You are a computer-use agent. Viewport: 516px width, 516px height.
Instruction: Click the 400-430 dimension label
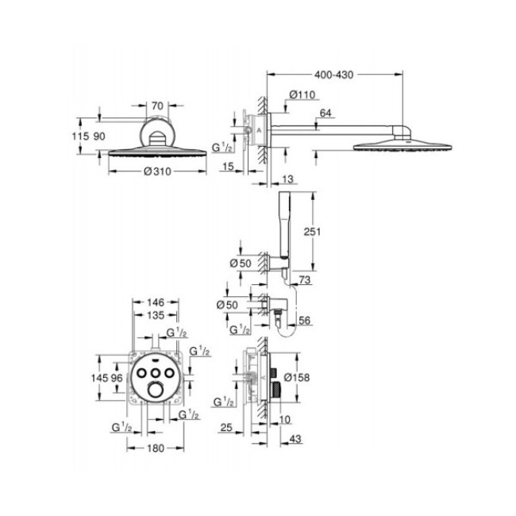333,75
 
